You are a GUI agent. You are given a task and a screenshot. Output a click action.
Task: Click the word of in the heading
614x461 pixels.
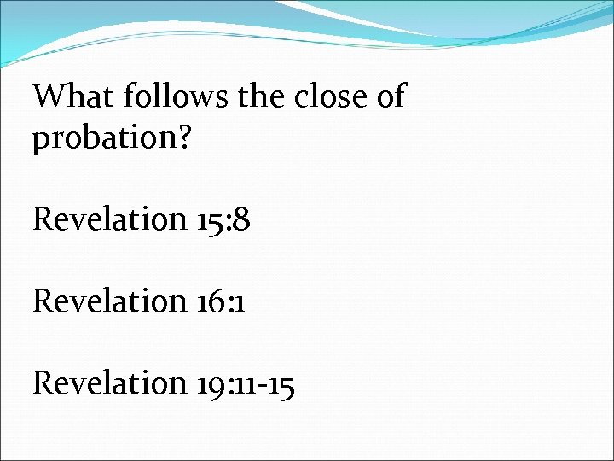[x=390, y=97]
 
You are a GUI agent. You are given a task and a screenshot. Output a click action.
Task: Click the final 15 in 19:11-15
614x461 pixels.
[x=281, y=384]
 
